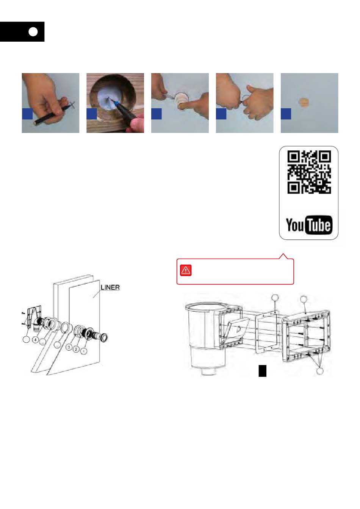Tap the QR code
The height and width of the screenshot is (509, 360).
[x=309, y=172]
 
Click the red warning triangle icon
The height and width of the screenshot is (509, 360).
[x=186, y=270]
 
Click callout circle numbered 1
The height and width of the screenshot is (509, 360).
[x=84, y=351]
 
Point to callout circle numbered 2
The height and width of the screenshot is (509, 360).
[x=76, y=349]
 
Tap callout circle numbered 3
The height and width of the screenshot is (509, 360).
[x=69, y=347]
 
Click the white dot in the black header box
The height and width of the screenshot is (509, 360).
[x=33, y=32]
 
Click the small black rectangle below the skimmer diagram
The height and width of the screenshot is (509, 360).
[x=263, y=371]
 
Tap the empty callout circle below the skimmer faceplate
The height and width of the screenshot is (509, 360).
[x=319, y=371]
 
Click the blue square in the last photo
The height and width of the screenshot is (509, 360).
[x=286, y=114]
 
